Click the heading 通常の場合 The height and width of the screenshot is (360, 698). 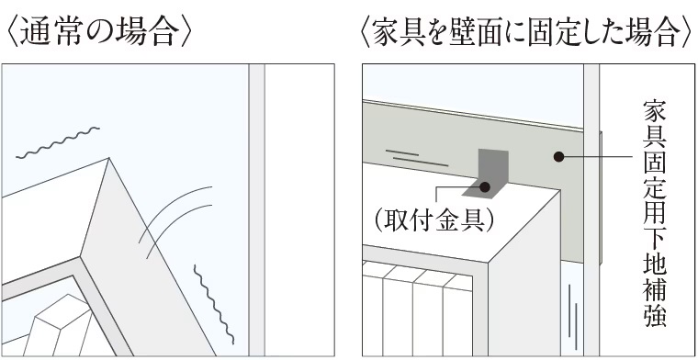100,33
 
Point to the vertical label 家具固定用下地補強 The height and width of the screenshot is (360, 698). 654,214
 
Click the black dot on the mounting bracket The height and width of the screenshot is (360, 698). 485,187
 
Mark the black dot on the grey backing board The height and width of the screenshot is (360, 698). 558,157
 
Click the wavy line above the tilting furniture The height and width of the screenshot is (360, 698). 58,142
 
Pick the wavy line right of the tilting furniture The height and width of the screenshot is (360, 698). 214,304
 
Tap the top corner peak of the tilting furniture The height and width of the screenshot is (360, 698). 109,158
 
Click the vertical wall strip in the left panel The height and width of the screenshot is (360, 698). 256,210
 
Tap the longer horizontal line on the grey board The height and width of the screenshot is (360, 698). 421,162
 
